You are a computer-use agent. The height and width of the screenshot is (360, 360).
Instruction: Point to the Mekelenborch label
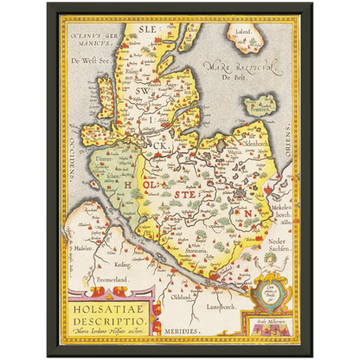point(278,211)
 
